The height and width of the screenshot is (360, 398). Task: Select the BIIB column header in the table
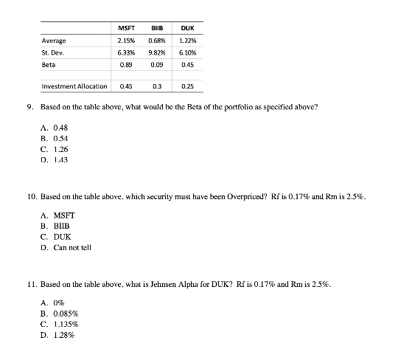(x=156, y=27)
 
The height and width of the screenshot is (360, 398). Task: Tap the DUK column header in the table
(x=187, y=27)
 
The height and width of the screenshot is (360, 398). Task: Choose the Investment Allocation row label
(x=74, y=86)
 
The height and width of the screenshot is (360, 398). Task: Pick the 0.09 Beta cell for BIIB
(x=156, y=66)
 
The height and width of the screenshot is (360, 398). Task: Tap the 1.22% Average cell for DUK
(x=187, y=41)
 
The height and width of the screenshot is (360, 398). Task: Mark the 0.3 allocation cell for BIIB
(x=156, y=86)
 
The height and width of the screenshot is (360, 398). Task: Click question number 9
(x=29, y=107)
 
